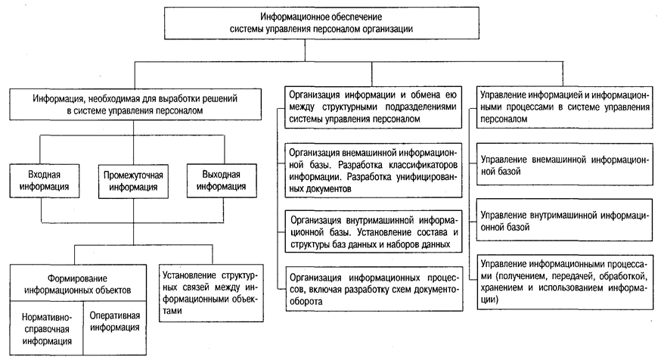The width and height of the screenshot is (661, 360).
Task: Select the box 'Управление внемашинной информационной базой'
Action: [x=563, y=166]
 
